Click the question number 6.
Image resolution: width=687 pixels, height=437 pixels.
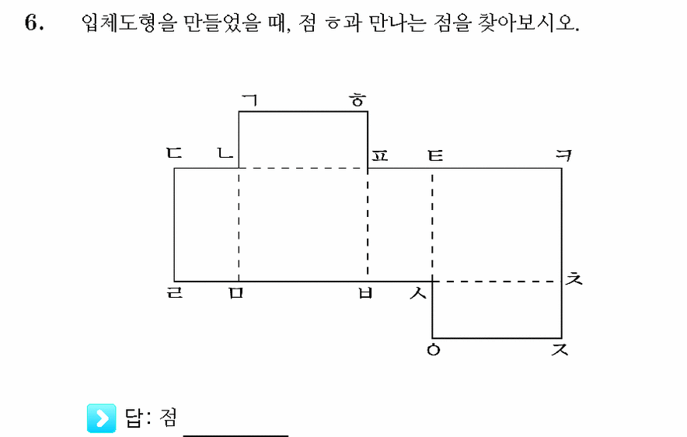[x=34, y=22]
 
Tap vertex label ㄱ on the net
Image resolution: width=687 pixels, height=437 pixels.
[x=249, y=100]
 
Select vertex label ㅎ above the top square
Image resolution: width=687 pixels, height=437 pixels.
[x=358, y=100]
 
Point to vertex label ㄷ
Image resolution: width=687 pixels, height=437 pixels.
[x=174, y=153]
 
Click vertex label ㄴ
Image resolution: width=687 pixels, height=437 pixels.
[x=225, y=153]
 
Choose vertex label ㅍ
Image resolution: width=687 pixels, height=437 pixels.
[x=379, y=156]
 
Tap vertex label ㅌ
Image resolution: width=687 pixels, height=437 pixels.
[x=435, y=156]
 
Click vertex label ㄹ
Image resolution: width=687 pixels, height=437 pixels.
[x=175, y=292]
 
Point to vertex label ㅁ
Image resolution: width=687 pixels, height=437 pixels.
[x=235, y=293]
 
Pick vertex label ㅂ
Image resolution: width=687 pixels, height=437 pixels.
[x=365, y=293]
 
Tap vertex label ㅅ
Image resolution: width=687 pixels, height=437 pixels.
[x=418, y=293]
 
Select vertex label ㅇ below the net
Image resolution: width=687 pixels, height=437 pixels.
[x=434, y=349]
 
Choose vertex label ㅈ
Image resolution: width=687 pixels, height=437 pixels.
[x=560, y=349]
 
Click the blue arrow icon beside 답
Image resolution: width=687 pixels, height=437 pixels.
[x=102, y=418]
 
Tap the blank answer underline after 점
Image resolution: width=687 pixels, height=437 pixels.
[x=235, y=435]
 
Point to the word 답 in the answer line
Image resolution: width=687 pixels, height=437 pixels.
[x=134, y=418]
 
